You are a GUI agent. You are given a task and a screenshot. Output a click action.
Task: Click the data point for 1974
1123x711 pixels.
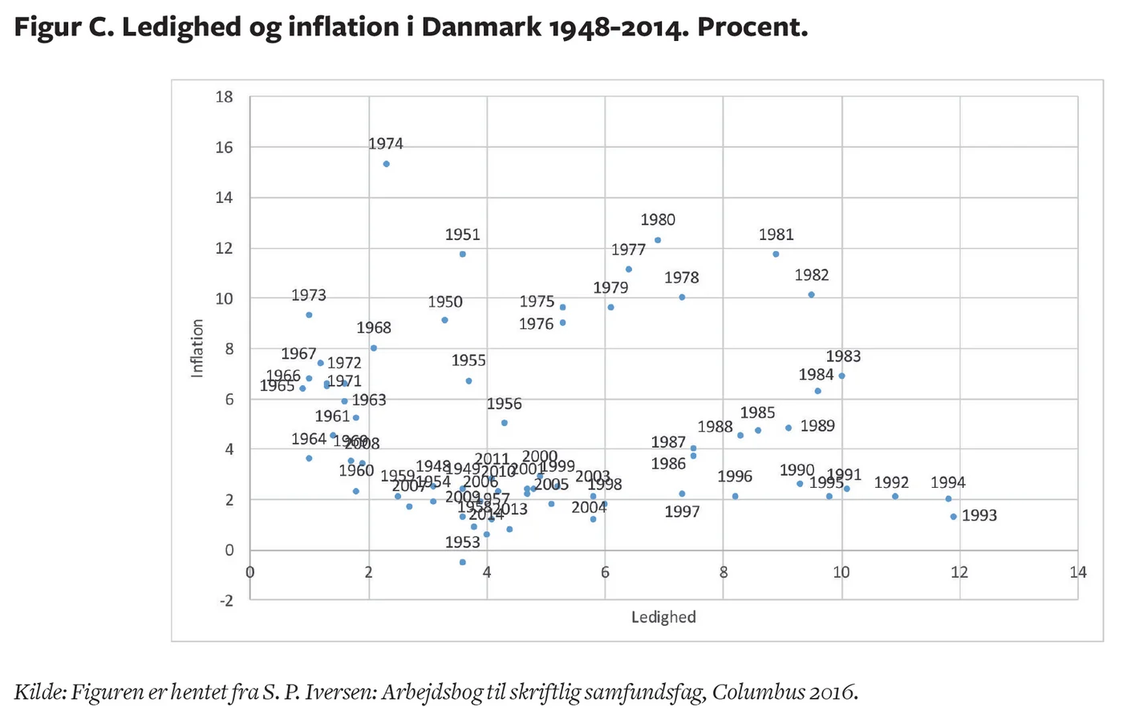coord(386,164)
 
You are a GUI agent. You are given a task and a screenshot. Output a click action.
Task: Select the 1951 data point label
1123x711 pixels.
coord(463,235)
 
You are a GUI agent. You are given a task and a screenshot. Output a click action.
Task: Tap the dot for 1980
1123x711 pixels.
coord(658,240)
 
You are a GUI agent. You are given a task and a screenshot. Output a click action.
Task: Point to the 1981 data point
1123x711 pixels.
coord(776,254)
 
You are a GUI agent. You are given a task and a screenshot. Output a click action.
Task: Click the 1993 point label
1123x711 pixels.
coord(979,516)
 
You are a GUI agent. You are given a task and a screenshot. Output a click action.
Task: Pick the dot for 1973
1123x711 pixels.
coord(309,315)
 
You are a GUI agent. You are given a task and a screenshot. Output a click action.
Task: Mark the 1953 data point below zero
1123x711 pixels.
coord(463,563)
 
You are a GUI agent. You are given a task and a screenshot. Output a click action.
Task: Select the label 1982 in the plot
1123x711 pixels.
coord(812,275)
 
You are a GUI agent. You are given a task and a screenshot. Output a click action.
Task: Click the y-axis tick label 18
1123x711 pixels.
coord(224,97)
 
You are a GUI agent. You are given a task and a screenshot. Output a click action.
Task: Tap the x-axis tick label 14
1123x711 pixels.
coord(1078,572)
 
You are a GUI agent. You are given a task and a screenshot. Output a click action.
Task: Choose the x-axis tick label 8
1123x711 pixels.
coord(723,572)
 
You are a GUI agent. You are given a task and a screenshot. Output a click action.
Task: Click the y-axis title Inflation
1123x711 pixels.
coord(197,348)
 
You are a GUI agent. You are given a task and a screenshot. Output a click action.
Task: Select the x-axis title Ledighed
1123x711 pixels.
coord(663,617)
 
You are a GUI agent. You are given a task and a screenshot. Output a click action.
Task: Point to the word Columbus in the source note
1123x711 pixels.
coord(759,691)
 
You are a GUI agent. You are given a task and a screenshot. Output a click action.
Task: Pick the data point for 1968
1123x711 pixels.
coord(374,348)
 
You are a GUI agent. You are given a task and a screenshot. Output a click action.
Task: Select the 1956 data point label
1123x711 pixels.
coord(504,404)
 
